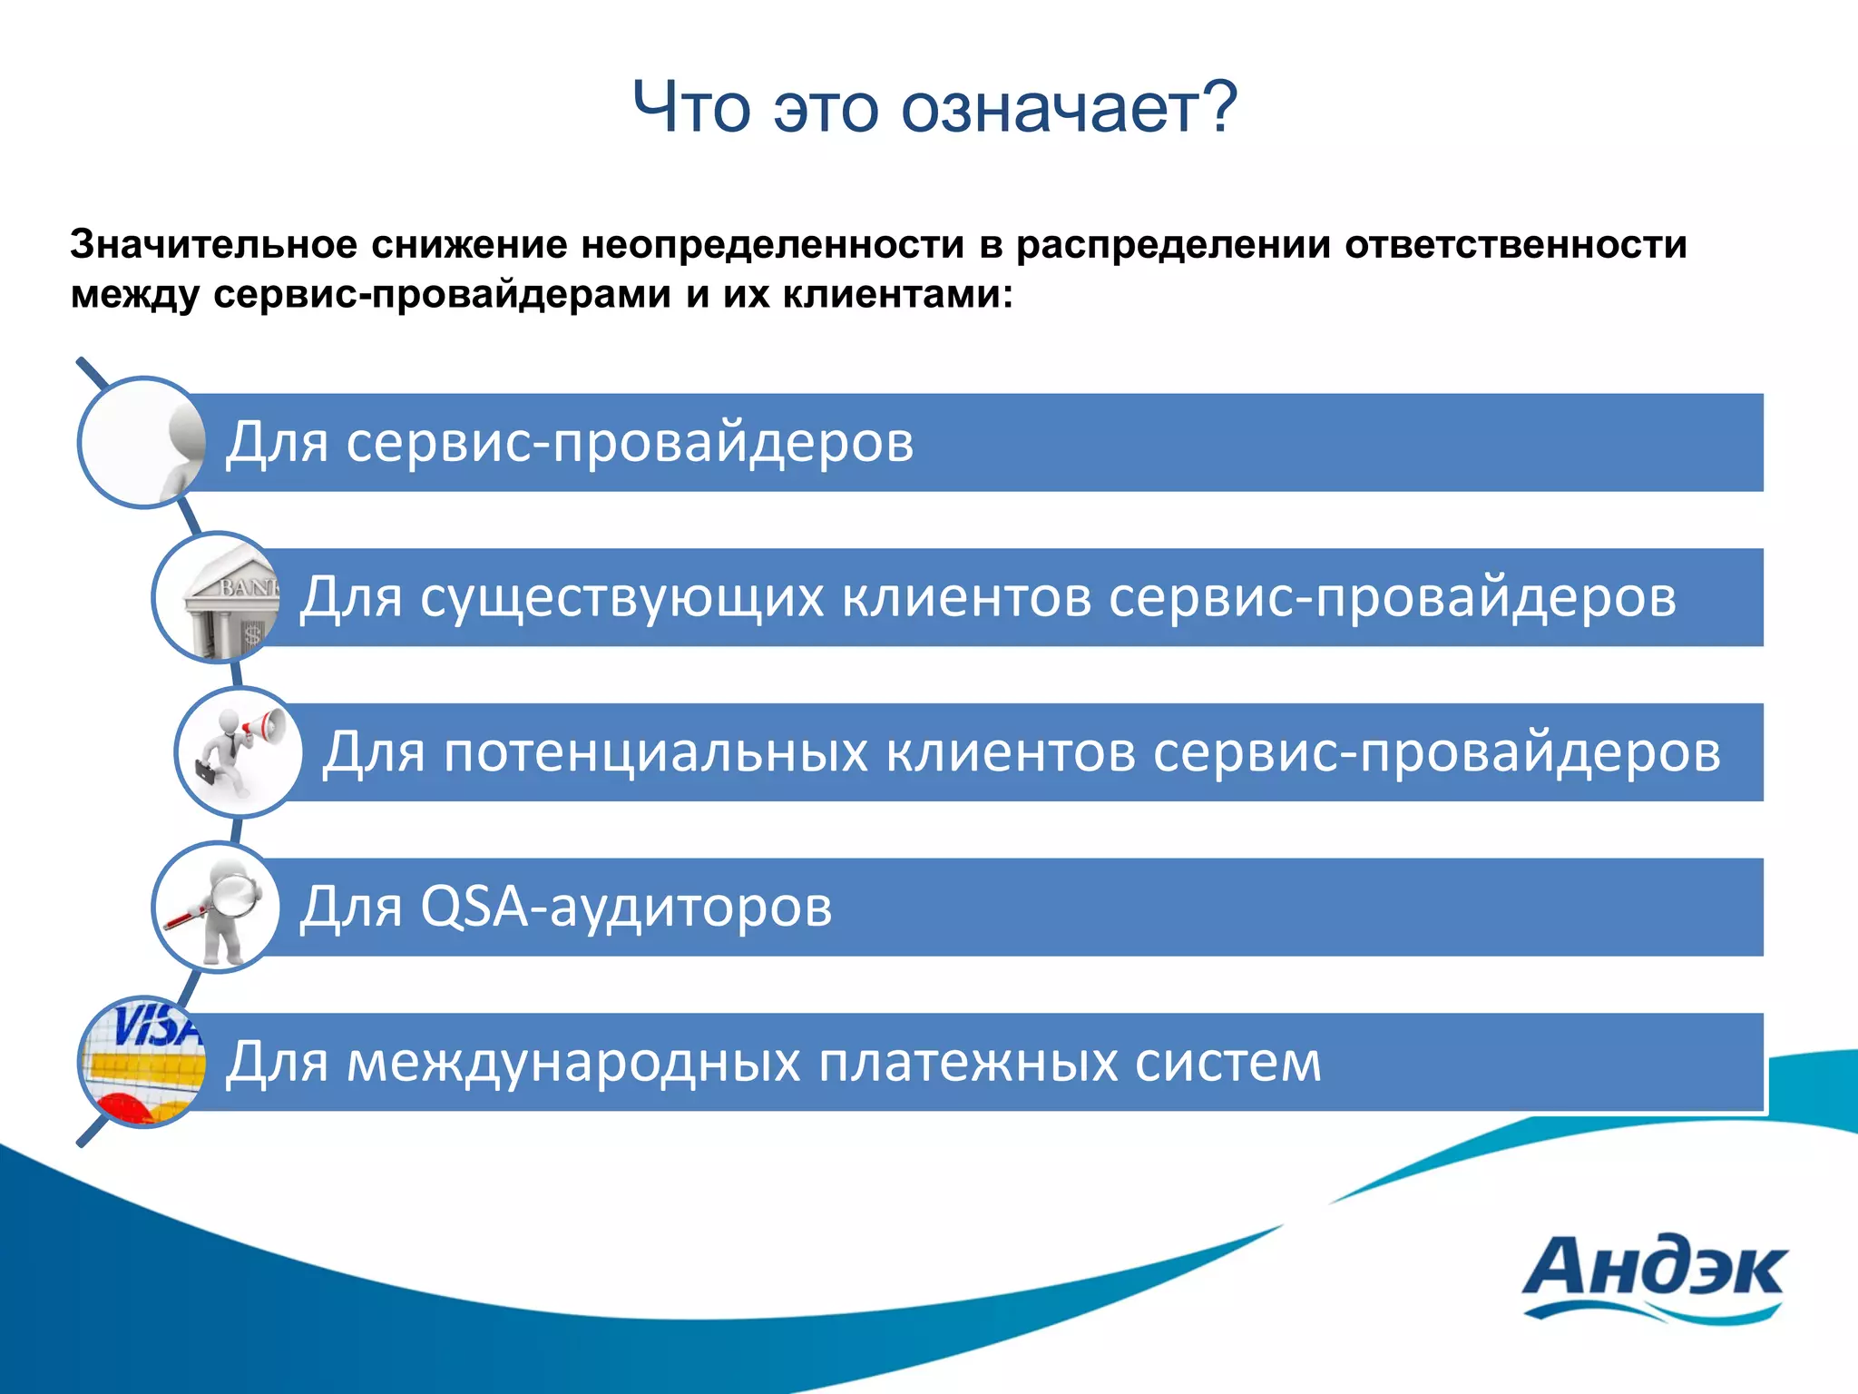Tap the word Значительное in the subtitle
point(212,245)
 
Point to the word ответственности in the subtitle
point(1516,245)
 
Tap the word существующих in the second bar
point(621,598)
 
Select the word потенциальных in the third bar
point(656,752)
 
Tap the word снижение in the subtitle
point(468,245)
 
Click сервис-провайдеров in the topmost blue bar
point(630,443)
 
